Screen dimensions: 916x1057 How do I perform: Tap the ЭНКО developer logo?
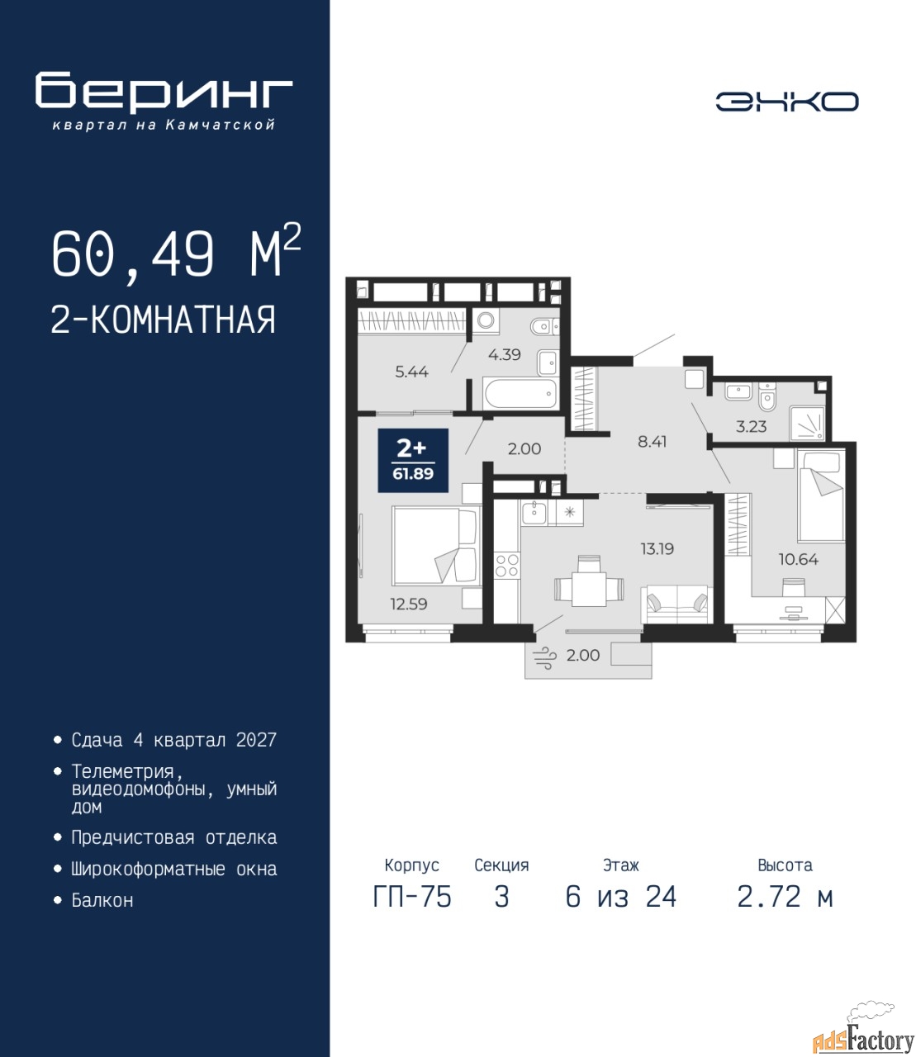786,102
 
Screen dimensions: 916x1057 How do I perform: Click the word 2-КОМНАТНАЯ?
164,320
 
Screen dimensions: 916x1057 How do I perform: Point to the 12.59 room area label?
409,604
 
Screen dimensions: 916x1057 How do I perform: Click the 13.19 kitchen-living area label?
657,549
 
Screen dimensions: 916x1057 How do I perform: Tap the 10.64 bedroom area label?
799,559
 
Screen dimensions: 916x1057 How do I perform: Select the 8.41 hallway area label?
652,441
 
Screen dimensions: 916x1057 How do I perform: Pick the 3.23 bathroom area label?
752,426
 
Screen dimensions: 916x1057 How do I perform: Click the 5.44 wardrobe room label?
411,372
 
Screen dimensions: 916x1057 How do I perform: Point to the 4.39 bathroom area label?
505,354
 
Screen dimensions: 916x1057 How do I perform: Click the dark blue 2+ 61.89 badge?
413,461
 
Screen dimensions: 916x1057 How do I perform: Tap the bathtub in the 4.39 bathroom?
519,394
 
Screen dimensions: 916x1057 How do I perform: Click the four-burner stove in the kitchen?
507,565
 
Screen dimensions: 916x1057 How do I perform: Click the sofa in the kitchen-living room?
677,604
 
